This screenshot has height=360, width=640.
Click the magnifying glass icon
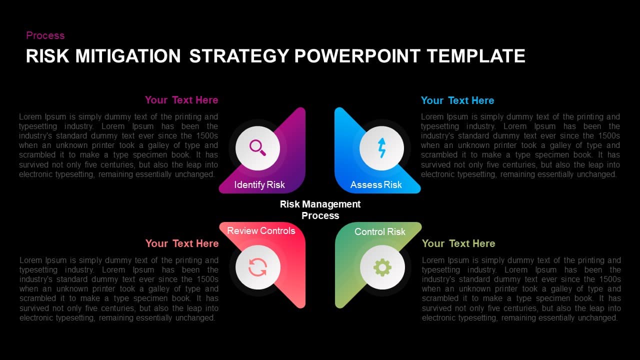(257, 147)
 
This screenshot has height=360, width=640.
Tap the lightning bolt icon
(382, 148)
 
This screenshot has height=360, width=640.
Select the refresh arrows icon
(258, 267)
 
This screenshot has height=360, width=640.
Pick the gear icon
(382, 267)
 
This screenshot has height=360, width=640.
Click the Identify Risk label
(259, 185)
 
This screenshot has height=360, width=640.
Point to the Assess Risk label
(376, 185)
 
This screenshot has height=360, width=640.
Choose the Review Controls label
(261, 230)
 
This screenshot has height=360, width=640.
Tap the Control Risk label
(380, 231)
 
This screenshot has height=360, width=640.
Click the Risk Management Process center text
(320, 210)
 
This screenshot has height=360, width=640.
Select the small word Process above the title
(45, 35)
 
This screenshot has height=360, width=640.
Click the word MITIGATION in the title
(127, 56)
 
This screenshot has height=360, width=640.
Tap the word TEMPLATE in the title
(475, 56)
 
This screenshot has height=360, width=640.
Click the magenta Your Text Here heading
(181, 100)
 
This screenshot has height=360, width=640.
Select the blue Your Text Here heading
(457, 100)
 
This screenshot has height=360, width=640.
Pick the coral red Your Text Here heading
(182, 243)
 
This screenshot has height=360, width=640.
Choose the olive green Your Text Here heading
(458, 243)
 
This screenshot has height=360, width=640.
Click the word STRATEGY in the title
(239, 56)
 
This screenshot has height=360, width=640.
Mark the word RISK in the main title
(47, 56)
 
